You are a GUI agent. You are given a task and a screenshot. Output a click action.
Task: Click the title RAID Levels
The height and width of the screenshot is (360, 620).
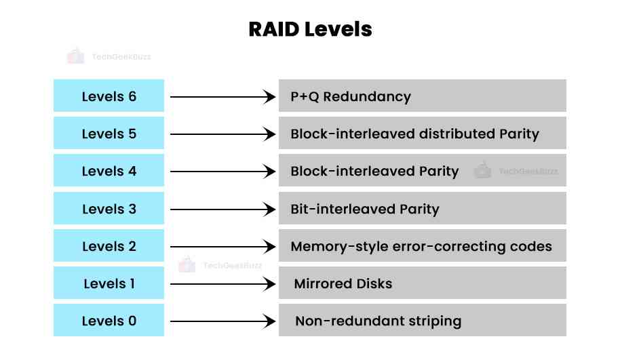tap(309, 29)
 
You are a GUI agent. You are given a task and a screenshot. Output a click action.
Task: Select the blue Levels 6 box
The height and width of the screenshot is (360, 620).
tap(109, 96)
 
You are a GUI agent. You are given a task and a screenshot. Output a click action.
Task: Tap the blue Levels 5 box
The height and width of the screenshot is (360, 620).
tap(109, 134)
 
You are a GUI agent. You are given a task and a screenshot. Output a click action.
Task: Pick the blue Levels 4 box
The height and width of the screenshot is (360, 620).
tap(109, 171)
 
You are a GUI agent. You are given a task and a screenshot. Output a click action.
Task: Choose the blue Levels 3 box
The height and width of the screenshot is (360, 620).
tap(109, 209)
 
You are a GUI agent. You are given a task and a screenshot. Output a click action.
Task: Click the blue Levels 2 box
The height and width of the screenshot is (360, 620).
tap(109, 246)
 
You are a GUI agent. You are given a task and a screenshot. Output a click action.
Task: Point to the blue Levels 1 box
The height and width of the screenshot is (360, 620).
tap(109, 283)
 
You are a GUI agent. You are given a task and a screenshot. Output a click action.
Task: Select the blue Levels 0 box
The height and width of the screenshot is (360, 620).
tap(109, 321)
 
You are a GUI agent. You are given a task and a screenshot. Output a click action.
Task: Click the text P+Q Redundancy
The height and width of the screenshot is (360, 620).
tap(351, 96)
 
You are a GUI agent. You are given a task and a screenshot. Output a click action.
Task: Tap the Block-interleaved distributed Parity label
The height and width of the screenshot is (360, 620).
tap(414, 134)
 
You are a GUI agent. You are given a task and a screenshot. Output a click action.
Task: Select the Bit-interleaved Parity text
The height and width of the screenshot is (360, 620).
tap(364, 209)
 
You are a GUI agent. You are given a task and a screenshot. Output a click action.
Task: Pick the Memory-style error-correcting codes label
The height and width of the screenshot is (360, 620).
tap(421, 246)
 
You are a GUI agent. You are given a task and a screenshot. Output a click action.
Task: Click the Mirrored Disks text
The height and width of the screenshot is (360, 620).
tap(343, 283)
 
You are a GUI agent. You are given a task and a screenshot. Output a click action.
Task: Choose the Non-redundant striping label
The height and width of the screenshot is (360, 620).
tap(378, 321)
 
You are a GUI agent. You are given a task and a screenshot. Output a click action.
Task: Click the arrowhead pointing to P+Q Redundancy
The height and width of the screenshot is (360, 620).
tap(270, 97)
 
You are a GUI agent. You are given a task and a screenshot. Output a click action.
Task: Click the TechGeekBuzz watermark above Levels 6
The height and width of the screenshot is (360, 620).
tap(109, 57)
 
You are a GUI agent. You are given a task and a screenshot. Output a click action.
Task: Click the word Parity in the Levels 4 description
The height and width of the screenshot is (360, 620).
tap(437, 171)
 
